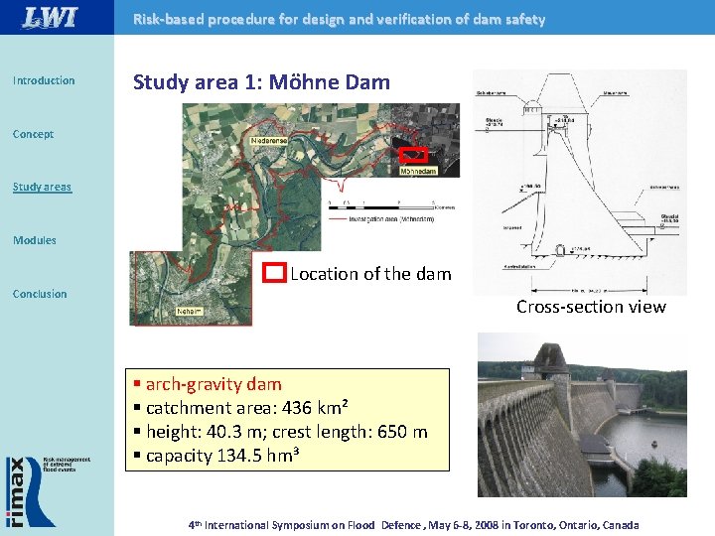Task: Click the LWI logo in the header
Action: pos(50,17)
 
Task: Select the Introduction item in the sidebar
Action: pos(44,80)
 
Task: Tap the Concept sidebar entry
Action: pos(33,134)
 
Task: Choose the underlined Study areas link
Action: pos(42,187)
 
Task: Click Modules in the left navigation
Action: pos(35,240)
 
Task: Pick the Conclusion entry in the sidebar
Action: pos(40,294)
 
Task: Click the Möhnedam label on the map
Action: pos(417,171)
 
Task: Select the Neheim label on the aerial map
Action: pos(190,311)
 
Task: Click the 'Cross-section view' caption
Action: pos(591,307)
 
